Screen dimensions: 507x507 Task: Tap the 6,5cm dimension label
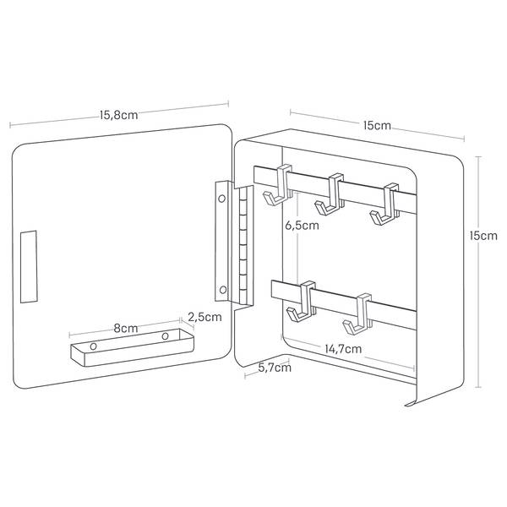pyautogui.click(x=302, y=226)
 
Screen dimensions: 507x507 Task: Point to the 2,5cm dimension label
pyautogui.click(x=204, y=318)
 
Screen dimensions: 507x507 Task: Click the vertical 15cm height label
pyautogui.click(x=484, y=237)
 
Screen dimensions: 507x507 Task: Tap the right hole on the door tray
pyautogui.click(x=166, y=337)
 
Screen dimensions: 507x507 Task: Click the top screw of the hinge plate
pyautogui.click(x=222, y=200)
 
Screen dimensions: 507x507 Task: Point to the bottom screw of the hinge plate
pyautogui.click(x=222, y=292)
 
